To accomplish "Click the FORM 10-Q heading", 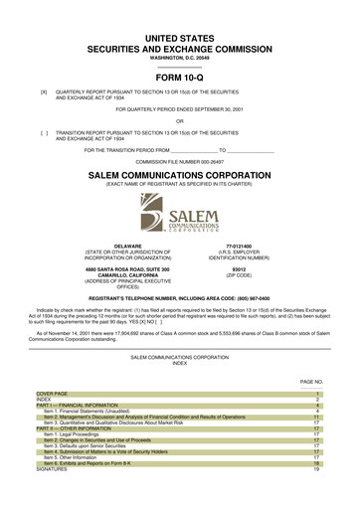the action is click(179, 78).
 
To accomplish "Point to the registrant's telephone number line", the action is click(179, 297).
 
